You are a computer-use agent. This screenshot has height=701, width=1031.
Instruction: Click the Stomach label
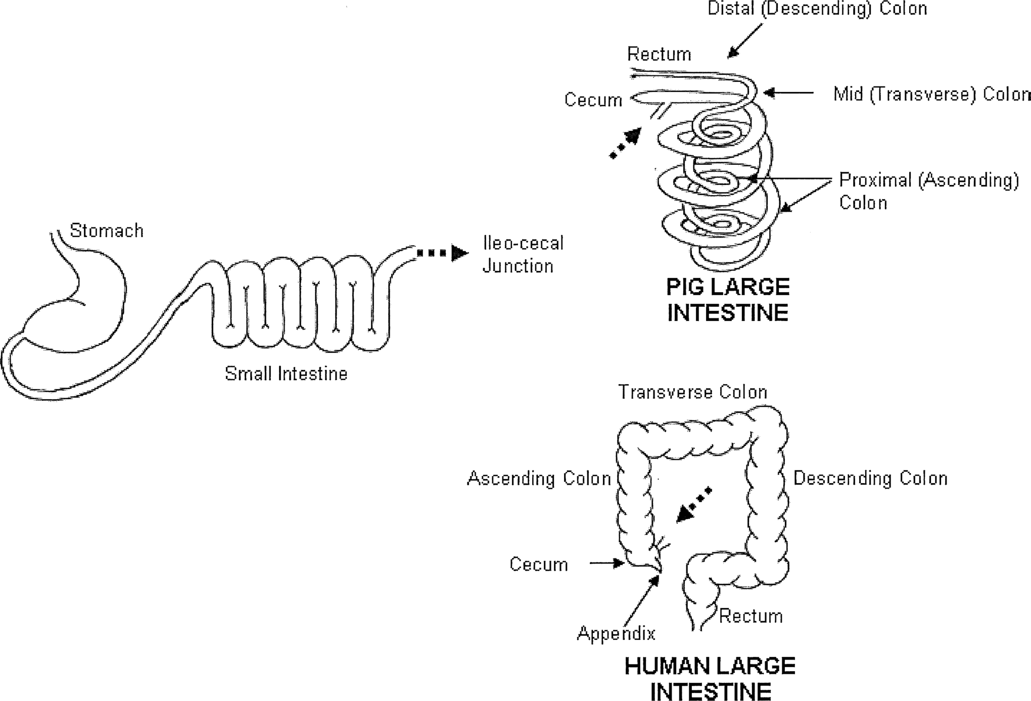(x=106, y=231)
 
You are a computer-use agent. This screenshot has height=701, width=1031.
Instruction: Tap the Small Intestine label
(x=286, y=373)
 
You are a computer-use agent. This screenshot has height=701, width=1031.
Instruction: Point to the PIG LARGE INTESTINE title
(x=728, y=299)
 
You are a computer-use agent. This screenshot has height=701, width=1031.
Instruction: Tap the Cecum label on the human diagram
(x=538, y=564)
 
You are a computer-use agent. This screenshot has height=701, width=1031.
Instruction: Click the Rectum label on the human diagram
(x=751, y=616)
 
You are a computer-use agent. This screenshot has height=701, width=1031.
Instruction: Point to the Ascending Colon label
(x=539, y=478)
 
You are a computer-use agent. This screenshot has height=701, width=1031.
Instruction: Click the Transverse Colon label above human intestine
(x=692, y=392)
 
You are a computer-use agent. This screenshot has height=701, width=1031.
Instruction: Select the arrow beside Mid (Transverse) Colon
(x=788, y=93)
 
